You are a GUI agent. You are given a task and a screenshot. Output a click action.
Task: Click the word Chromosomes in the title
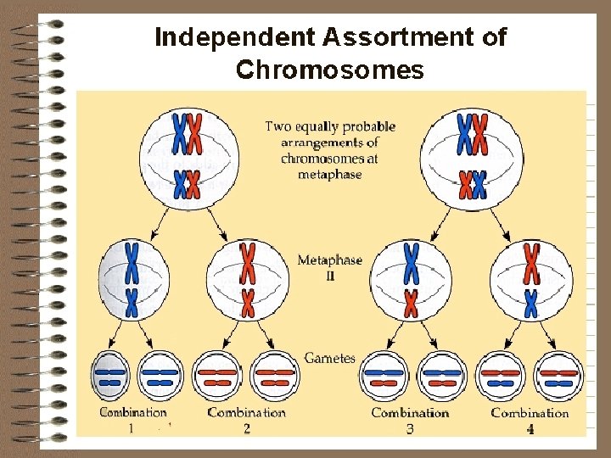[330, 69]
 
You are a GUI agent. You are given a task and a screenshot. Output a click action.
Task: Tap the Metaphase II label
[329, 266]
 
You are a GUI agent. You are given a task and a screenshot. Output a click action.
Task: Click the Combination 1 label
[133, 419]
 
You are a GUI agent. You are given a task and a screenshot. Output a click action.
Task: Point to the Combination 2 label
[246, 419]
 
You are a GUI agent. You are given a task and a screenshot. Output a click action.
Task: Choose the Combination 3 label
[410, 419]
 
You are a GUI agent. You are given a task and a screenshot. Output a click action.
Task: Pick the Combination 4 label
[530, 419]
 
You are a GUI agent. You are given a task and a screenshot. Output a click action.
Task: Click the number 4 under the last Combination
[530, 429]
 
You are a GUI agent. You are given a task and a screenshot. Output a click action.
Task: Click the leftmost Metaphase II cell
[132, 281]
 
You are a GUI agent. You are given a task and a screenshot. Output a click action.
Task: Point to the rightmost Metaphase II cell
[530, 281]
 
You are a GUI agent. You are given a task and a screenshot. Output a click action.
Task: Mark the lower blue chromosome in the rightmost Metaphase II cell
[531, 302]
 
